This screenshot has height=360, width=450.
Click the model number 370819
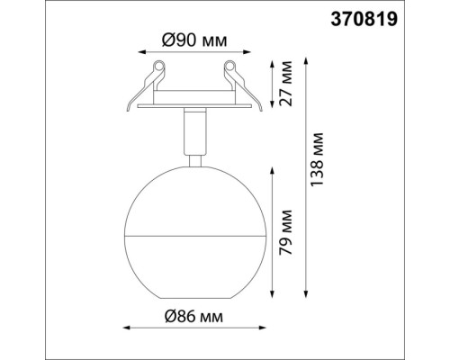(x=364, y=20)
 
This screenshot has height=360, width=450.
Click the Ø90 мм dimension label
(x=194, y=40)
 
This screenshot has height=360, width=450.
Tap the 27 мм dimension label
(x=285, y=84)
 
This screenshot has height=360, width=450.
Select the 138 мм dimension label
(x=317, y=159)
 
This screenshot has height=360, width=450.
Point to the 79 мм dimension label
(x=285, y=232)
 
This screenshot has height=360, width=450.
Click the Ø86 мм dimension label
(x=193, y=317)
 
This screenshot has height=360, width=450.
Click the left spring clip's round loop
(x=159, y=67)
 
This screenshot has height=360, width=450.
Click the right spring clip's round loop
(x=229, y=67)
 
